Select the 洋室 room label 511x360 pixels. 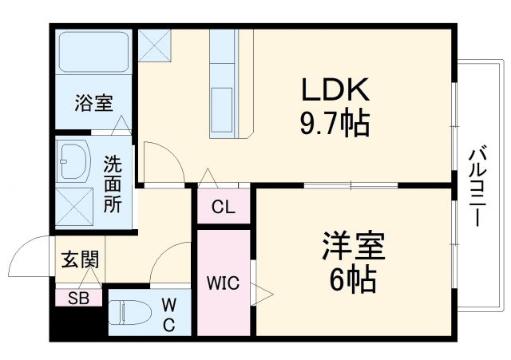coord(354,247)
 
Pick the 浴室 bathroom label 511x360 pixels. coord(94,102)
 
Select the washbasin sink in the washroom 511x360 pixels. coord(77,159)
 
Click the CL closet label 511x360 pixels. coord(224,208)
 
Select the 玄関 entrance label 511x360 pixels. coord(80,259)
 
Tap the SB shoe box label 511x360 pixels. coord(78,299)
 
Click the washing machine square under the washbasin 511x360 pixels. coord(77,204)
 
